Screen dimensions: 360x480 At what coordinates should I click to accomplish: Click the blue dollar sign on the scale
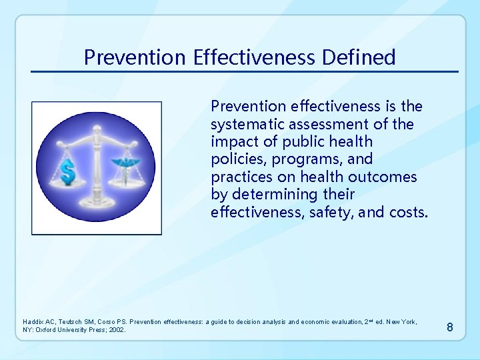click(x=67, y=173)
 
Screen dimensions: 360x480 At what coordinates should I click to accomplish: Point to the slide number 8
click(x=450, y=327)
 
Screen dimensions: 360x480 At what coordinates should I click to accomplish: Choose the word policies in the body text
click(x=233, y=159)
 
